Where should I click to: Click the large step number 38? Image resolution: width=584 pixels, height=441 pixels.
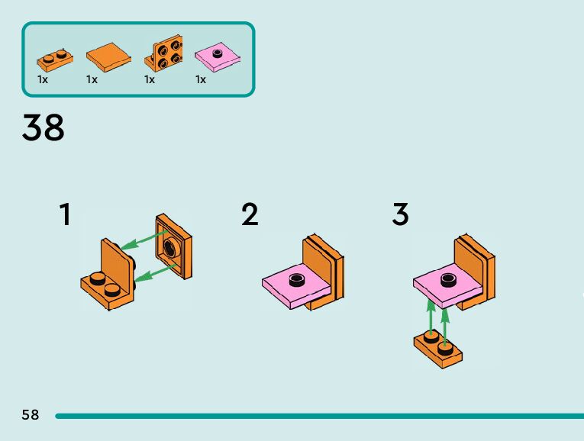tap(44, 127)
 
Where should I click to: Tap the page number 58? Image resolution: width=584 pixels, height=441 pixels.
tap(31, 415)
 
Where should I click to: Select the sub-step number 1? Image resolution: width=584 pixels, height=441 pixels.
tap(66, 214)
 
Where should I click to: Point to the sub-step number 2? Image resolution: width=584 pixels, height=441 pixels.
tap(250, 214)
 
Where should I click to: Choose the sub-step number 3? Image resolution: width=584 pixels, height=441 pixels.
tap(400, 214)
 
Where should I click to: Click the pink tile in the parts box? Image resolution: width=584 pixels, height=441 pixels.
tap(217, 56)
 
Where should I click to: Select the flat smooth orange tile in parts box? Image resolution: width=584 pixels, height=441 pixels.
tap(108, 56)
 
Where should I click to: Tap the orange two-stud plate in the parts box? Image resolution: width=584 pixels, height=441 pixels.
tap(53, 57)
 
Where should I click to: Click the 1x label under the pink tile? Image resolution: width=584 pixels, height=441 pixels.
tap(201, 79)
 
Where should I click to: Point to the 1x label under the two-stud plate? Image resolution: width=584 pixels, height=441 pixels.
tap(43, 79)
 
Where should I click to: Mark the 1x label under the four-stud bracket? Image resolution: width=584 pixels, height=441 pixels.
tap(150, 79)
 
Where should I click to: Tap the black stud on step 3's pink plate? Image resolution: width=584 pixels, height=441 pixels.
tap(447, 277)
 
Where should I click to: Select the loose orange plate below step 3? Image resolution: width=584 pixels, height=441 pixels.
tap(439, 349)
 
